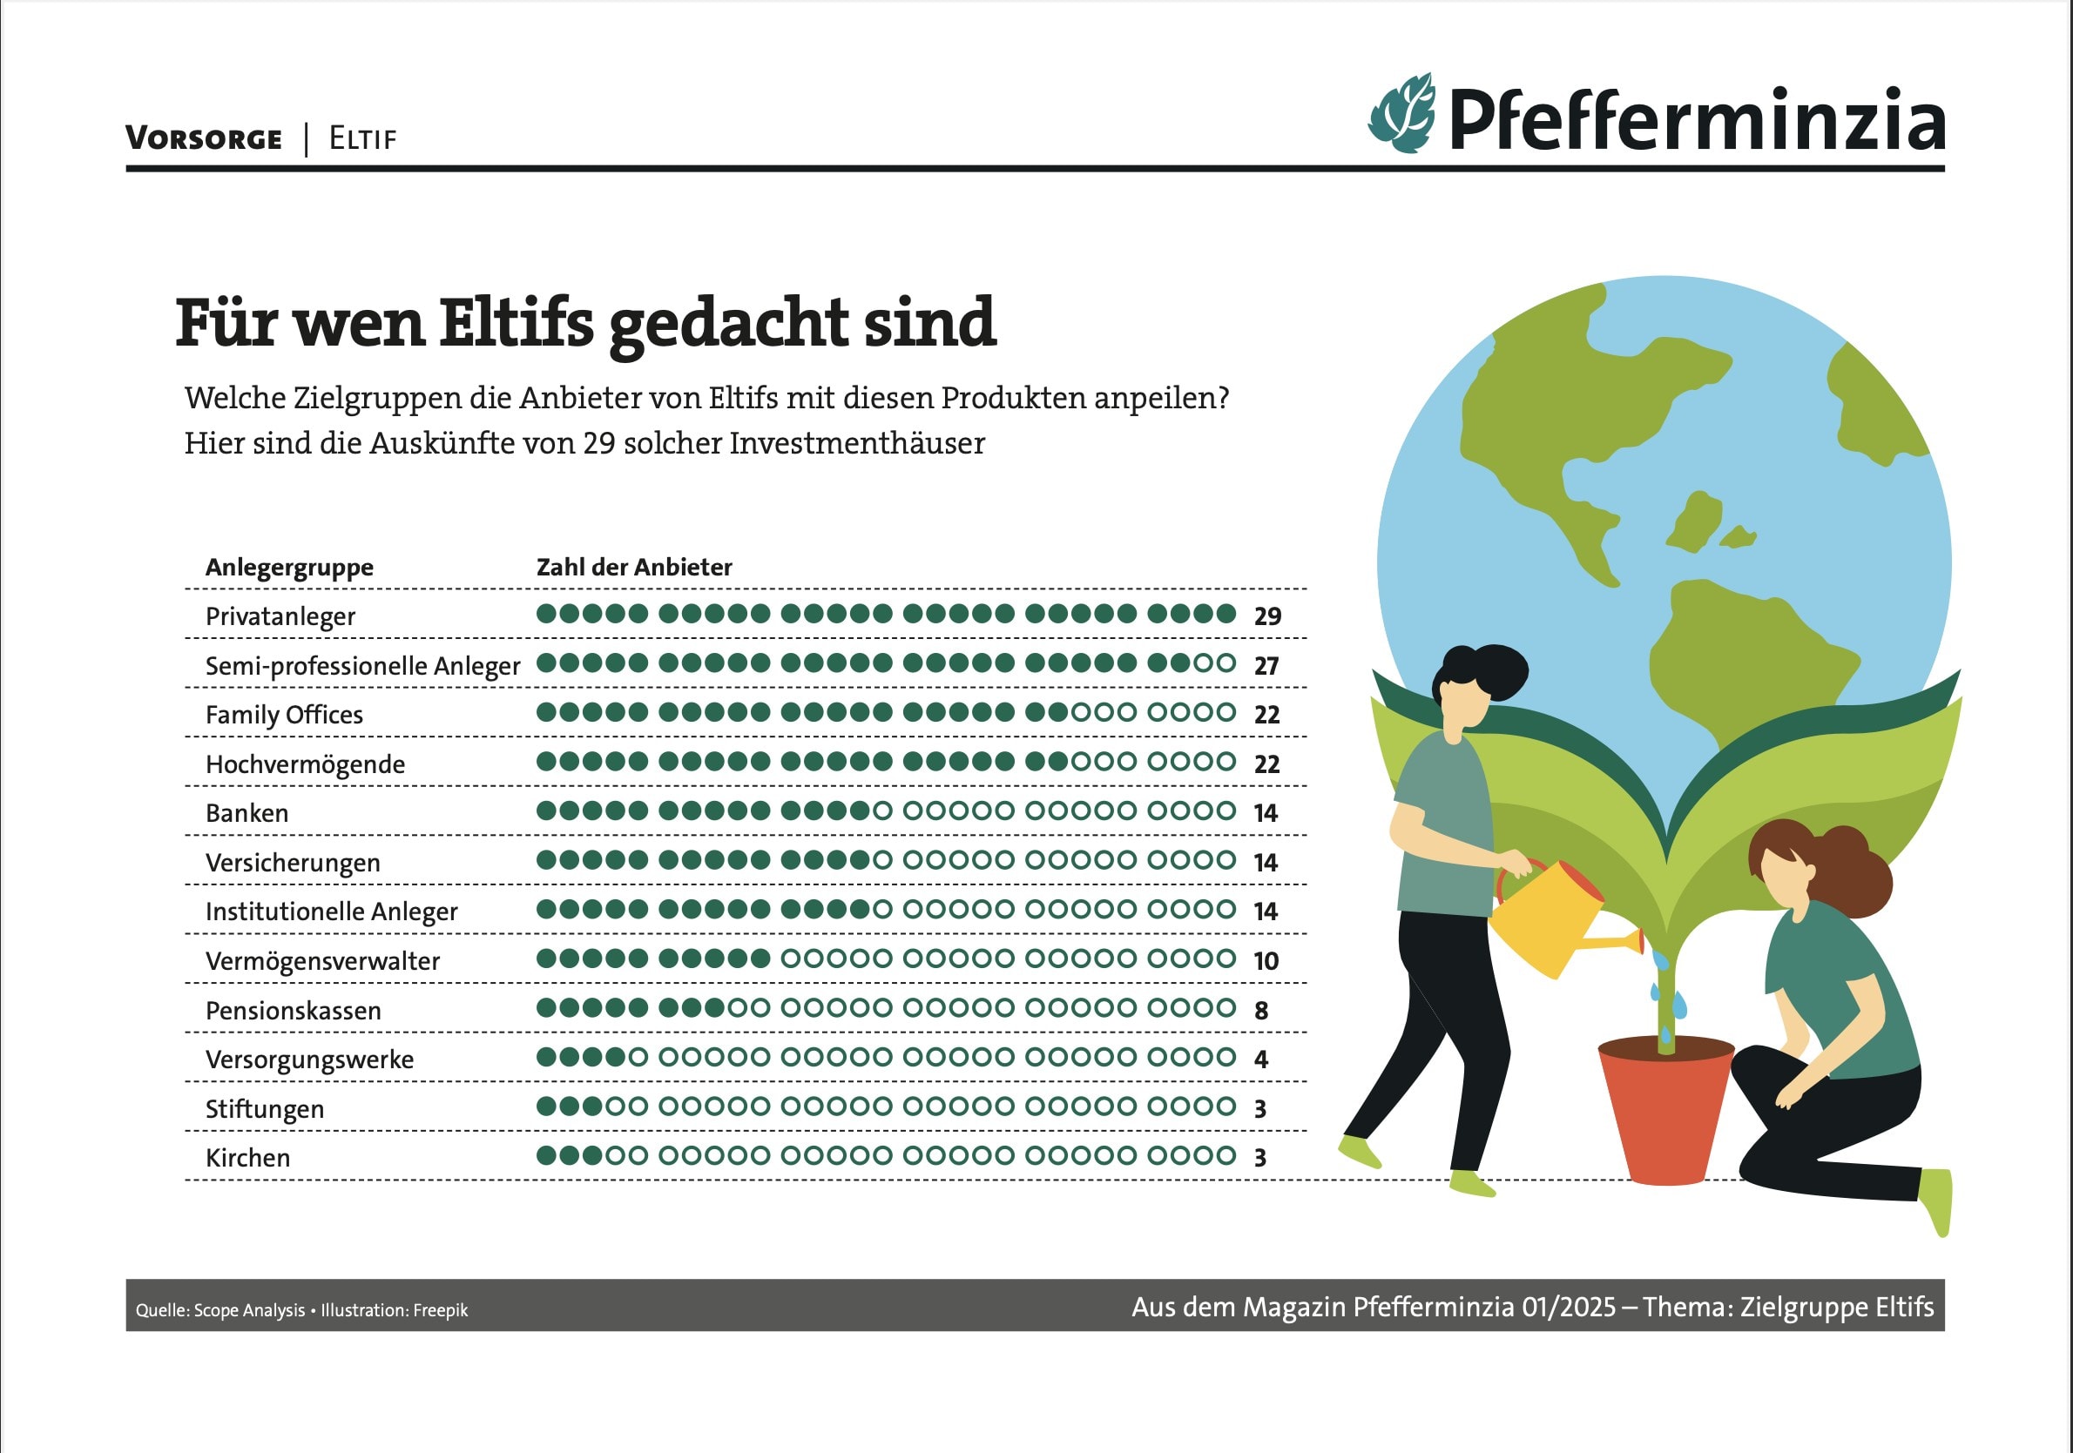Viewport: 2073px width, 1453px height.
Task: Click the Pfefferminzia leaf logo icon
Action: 1402,114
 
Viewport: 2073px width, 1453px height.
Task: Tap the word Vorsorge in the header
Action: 204,139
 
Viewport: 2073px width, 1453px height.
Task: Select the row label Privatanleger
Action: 280,616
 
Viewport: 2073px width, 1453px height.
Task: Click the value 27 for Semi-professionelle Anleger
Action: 1266,666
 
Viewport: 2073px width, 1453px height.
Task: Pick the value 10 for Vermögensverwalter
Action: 1266,961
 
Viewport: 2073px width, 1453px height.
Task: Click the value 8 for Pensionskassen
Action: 1261,1011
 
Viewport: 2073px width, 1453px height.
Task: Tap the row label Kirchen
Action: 247,1158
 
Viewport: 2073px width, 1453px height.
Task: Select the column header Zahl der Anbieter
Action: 634,567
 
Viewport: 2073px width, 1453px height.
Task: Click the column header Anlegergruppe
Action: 289,568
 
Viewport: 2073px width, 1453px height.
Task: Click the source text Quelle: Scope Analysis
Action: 220,1310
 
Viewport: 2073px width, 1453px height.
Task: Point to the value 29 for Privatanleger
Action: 1267,616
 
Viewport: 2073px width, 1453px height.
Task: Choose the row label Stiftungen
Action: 265,1109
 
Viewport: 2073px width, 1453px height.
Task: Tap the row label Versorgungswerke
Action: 309,1059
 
